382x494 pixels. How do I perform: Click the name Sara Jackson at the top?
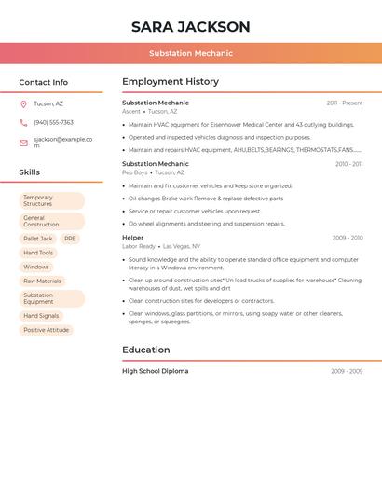coord(190,27)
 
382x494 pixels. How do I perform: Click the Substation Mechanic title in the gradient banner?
coord(190,53)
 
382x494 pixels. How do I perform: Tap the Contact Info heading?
coord(44,82)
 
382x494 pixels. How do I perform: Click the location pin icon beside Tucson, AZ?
coord(23,104)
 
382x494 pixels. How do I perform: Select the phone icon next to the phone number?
coord(23,123)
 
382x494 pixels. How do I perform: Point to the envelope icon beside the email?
coord(23,143)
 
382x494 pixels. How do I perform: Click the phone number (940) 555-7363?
coord(53,123)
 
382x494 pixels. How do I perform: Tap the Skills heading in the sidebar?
coord(30,172)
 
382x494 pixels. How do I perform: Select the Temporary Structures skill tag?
coord(51,200)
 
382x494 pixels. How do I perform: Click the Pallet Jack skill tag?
coord(38,239)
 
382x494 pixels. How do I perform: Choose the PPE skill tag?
coord(70,239)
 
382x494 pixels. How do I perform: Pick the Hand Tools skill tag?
coord(38,253)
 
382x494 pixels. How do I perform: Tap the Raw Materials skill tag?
coord(42,281)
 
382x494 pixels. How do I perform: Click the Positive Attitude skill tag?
coord(46,330)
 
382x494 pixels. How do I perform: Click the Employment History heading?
coord(170,82)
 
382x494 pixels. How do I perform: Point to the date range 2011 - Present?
coord(344,103)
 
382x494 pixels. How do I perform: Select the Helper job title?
coord(133,238)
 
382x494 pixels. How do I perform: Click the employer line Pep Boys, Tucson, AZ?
coord(153,172)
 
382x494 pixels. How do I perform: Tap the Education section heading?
coord(146,350)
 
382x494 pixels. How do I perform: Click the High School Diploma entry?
coord(155,371)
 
